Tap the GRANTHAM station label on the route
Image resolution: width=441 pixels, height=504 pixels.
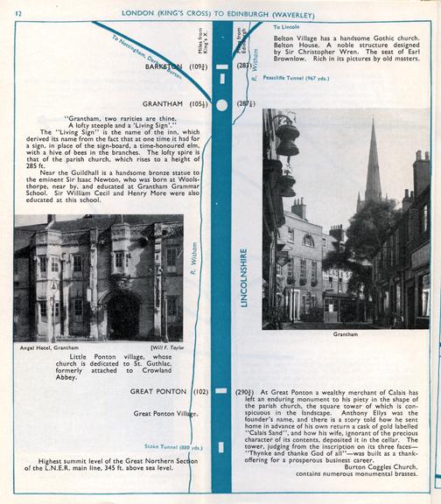[x=166, y=103]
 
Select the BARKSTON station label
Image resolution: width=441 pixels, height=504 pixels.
[x=164, y=66]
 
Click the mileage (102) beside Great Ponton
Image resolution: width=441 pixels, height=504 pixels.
[x=200, y=391]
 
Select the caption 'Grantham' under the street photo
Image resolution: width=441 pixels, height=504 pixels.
[x=346, y=333]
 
